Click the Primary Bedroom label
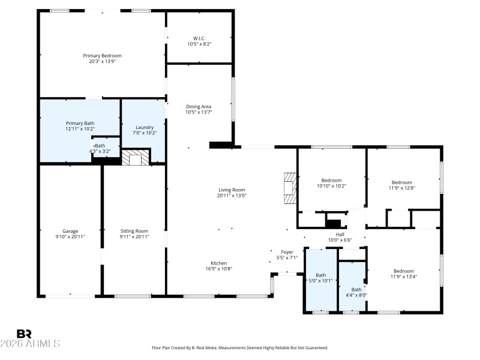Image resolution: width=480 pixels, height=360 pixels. [102, 58]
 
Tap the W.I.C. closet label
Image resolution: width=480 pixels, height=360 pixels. [199, 41]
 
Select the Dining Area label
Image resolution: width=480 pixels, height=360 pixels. [199, 109]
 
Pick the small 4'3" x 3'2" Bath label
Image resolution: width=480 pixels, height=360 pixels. [100, 148]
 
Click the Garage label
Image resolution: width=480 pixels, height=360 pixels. [70, 233]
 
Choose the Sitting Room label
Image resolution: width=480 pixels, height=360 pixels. [134, 233]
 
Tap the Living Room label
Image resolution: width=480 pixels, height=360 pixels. [232, 192]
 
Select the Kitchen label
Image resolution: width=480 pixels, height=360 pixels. [218, 265]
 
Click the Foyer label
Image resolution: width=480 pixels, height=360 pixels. [287, 254]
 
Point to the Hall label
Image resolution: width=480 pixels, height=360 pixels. [340, 237]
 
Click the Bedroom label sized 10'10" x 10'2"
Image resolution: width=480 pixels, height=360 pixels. [331, 183]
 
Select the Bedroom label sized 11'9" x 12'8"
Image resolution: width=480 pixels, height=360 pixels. [402, 185]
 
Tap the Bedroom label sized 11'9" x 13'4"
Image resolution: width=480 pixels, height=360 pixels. [403, 274]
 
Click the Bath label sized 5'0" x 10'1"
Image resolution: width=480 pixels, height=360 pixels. [321, 278]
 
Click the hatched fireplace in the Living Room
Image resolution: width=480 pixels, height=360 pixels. [290, 188]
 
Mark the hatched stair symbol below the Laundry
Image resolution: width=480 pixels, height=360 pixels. [135, 158]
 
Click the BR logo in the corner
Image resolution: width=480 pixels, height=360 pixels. [24, 334]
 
